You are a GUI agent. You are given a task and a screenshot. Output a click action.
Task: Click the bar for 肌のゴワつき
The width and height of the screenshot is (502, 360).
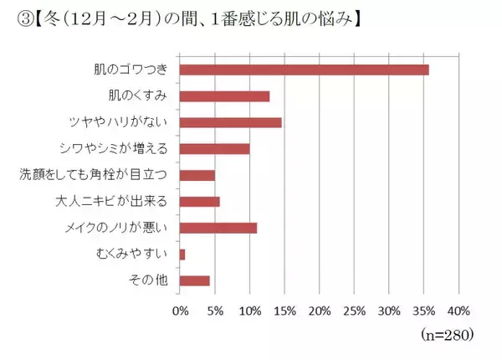tap(305, 69)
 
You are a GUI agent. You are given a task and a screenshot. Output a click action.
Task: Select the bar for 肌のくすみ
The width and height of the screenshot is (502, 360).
tap(224, 95)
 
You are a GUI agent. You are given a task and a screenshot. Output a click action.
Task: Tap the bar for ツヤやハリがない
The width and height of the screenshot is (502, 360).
tap(230, 122)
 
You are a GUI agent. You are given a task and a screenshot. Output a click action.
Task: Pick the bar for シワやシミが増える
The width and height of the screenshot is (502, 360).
tap(215, 149)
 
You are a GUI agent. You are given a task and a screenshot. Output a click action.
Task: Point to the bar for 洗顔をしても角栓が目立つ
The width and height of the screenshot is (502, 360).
tap(197, 175)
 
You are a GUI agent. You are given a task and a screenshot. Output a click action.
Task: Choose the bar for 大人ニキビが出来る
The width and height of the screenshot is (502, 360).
tap(200, 201)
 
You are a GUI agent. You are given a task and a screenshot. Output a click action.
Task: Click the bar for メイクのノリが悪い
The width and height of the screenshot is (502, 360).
tap(218, 227)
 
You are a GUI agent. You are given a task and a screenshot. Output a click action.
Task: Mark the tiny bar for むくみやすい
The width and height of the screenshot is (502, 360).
tap(182, 254)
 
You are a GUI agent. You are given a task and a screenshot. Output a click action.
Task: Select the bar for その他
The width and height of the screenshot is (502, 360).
tap(195, 280)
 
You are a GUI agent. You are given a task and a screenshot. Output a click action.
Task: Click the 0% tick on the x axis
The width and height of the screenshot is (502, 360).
tap(180, 311)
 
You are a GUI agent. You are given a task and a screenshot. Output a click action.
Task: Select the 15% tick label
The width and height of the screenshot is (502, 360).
tap(285, 311)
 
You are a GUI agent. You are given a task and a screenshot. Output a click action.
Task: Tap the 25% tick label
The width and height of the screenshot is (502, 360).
tap(355, 311)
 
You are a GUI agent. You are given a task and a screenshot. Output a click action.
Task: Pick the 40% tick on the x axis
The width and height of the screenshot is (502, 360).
tap(459, 311)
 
